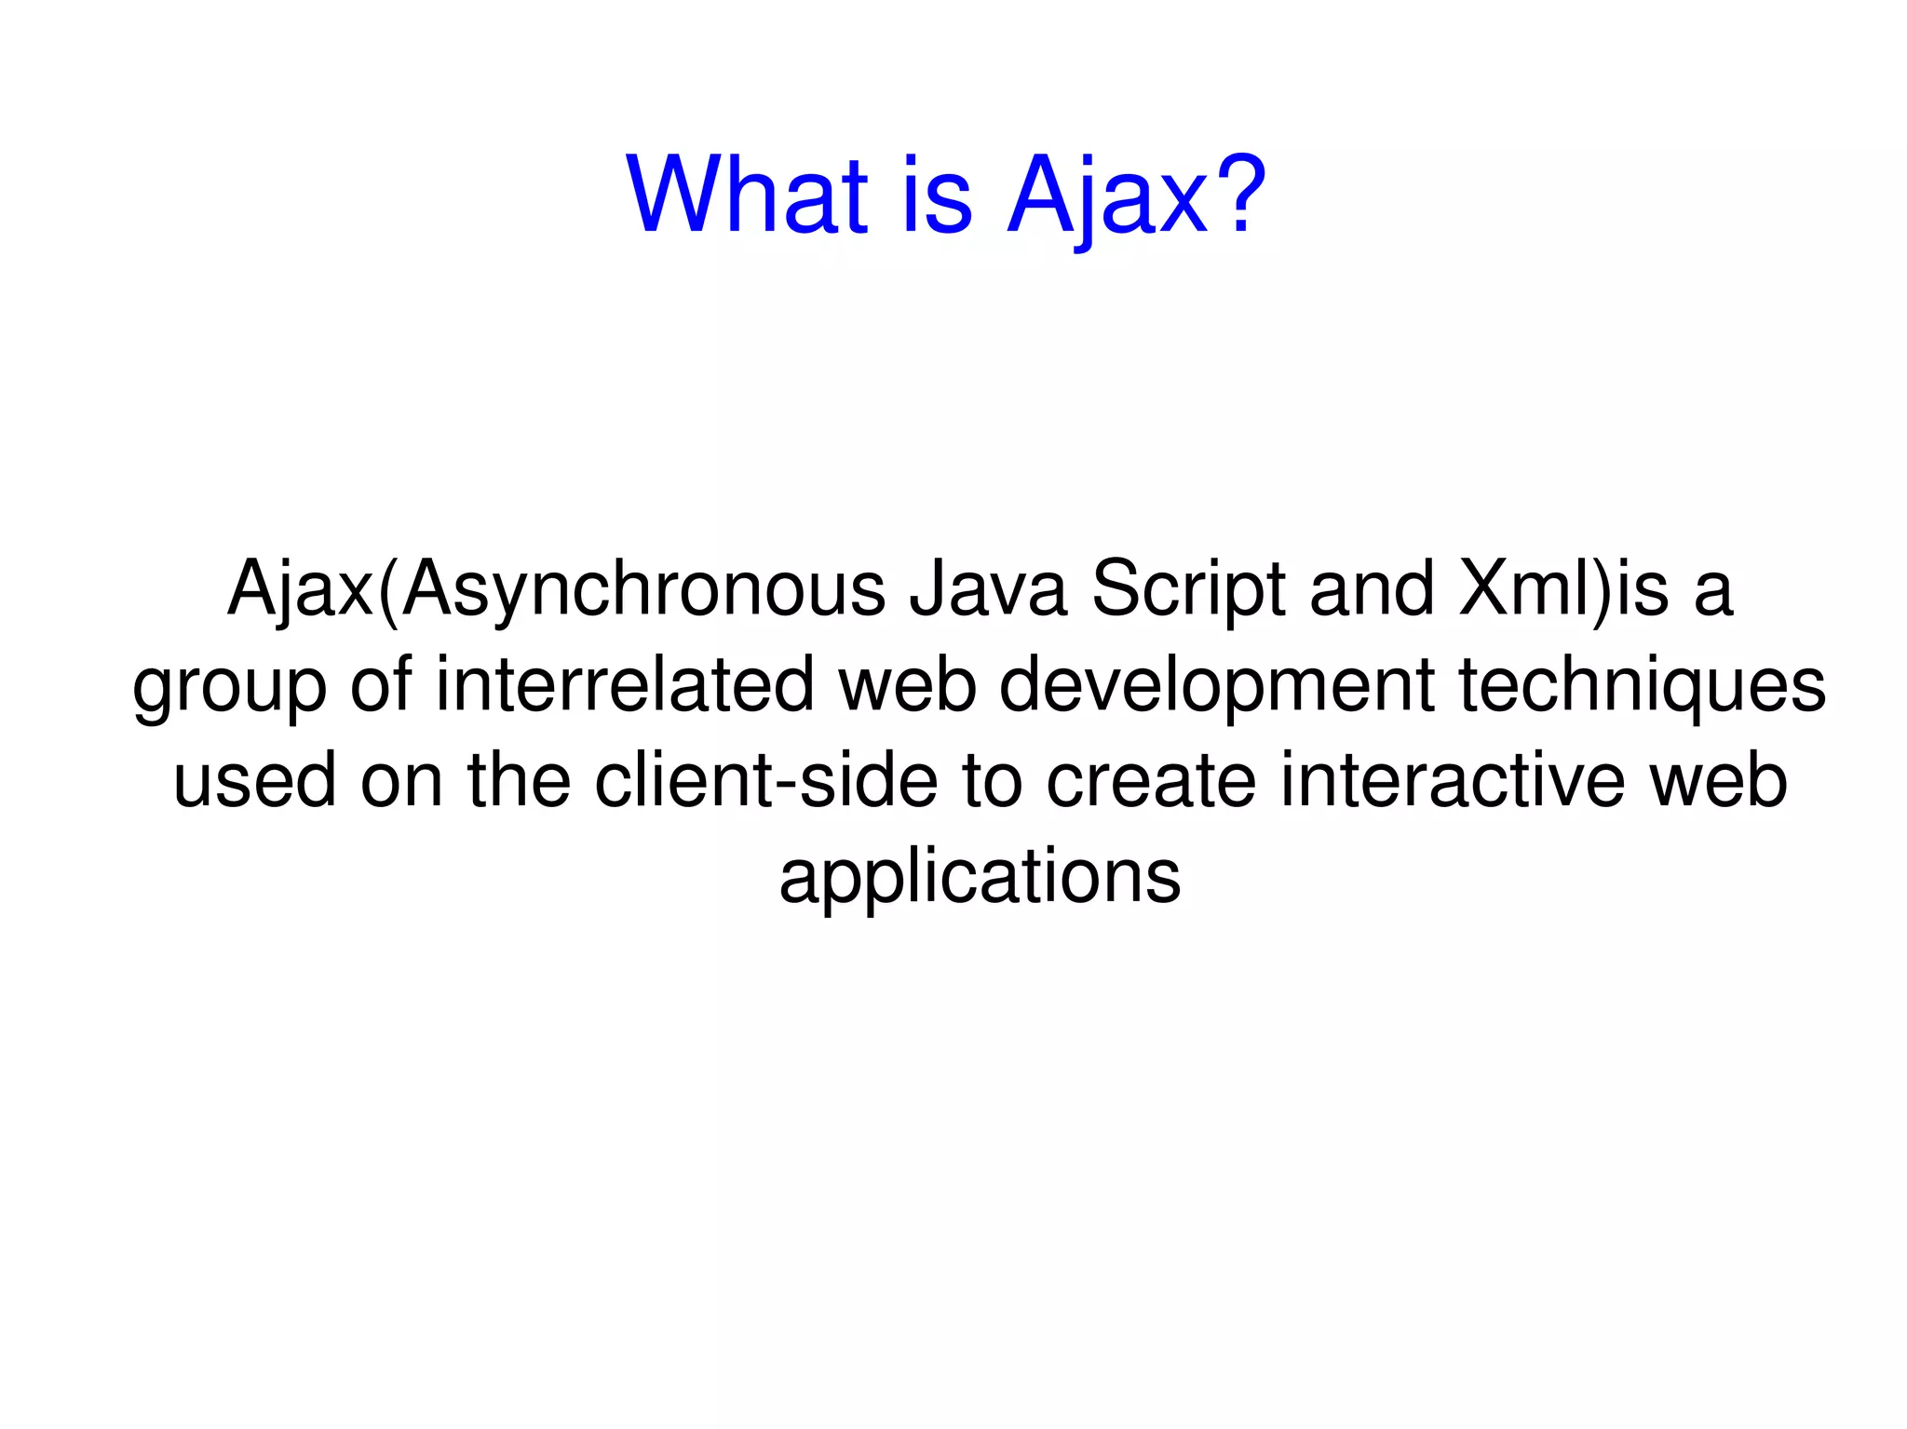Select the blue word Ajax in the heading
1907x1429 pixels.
pyautogui.click(x=1107, y=196)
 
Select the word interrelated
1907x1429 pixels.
pyautogui.click(x=625, y=685)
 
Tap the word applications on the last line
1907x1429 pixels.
pyautogui.click(x=980, y=877)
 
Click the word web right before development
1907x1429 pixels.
pyautogui.click(x=908, y=685)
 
